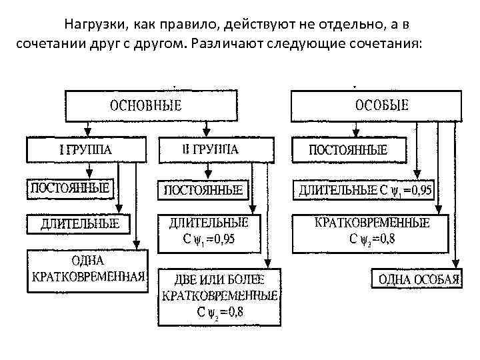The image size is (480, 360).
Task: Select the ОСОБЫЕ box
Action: click(377, 105)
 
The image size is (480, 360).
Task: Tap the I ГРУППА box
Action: click(87, 150)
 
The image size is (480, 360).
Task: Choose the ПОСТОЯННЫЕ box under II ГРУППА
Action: click(203, 190)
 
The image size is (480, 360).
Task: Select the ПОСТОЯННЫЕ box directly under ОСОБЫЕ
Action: click(350, 150)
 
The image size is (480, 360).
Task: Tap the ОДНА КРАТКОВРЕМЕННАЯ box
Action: click(87, 270)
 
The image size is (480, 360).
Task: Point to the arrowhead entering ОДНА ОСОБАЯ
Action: click(453, 264)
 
